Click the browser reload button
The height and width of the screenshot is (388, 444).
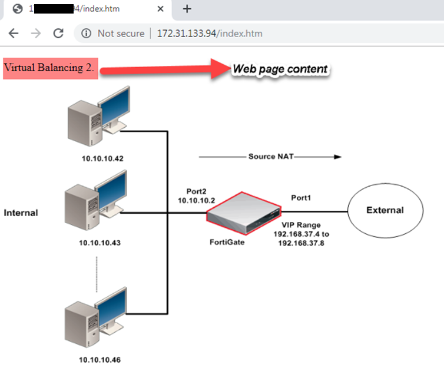tap(58, 34)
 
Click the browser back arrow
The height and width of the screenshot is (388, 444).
tap(14, 34)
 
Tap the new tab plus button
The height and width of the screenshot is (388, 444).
tap(187, 9)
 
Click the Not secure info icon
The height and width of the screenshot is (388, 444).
tap(86, 34)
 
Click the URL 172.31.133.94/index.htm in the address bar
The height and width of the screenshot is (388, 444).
tap(209, 34)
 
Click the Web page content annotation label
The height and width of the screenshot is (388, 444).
tap(280, 69)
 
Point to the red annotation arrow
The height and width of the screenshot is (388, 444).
tap(165, 69)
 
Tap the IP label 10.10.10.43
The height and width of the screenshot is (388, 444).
tap(102, 242)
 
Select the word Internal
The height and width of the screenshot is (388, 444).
tap(21, 213)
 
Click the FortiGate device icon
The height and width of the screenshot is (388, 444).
tap(244, 215)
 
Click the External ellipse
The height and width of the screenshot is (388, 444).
tap(385, 210)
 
